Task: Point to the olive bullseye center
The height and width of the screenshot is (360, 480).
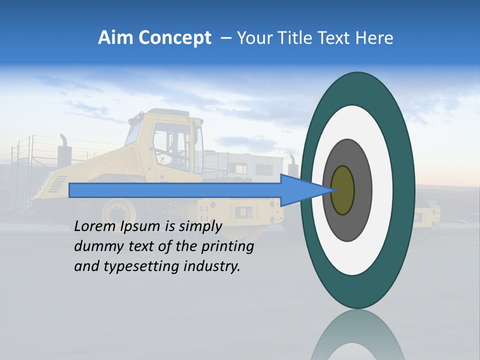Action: (343, 190)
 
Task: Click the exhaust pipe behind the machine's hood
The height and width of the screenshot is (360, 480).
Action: (64, 145)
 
